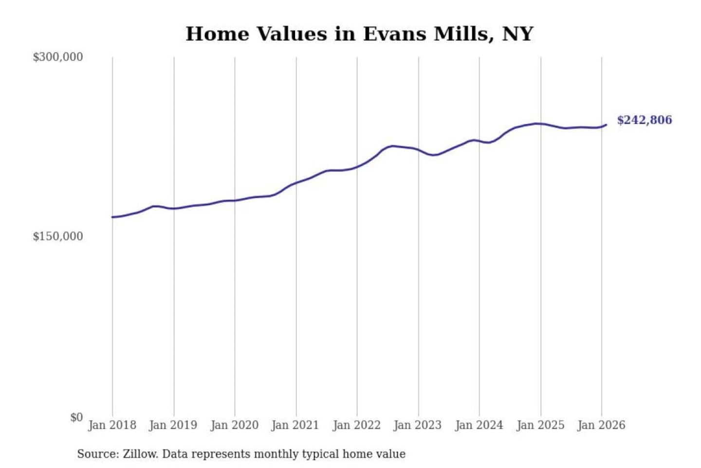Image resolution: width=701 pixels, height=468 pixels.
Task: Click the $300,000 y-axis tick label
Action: (57, 57)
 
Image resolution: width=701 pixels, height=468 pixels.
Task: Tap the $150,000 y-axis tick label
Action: (57, 236)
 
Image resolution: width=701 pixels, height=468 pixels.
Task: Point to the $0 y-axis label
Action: (76, 417)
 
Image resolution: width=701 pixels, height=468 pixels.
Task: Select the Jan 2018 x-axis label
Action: (112, 425)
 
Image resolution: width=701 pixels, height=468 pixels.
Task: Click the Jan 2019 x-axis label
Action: (173, 425)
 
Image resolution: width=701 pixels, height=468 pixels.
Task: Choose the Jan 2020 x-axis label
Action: (234, 425)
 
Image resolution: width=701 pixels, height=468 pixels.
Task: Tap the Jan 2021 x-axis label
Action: (295, 425)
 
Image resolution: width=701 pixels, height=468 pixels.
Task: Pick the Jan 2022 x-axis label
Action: (356, 425)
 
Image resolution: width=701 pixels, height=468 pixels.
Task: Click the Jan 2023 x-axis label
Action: (417, 425)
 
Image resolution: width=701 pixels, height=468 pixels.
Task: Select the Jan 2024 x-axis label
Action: (479, 425)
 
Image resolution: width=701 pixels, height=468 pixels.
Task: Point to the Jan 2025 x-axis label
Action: (540, 425)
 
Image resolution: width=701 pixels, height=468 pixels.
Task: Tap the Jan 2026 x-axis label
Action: (601, 425)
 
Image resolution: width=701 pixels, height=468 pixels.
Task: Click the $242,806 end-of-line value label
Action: (644, 120)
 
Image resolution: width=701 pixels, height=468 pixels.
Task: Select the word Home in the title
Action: (217, 34)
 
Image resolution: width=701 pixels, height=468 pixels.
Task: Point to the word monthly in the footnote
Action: (276, 454)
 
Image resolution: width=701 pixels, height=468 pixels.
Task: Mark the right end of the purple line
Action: (606, 125)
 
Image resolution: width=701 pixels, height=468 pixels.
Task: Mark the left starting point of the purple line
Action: (112, 217)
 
